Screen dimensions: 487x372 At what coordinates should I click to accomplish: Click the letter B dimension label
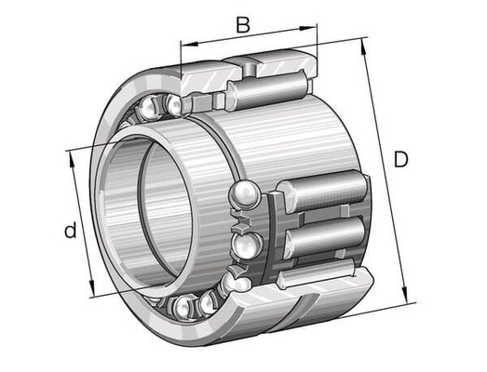coord(243,25)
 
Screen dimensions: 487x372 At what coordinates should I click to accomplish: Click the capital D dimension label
coord(401,159)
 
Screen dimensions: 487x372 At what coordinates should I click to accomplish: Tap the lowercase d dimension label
coord(71,230)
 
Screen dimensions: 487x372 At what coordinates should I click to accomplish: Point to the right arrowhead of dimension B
coord(308,28)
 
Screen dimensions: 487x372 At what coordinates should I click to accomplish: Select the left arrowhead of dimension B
coord(189,44)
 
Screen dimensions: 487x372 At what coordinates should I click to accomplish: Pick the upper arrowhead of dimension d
coord(72,160)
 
